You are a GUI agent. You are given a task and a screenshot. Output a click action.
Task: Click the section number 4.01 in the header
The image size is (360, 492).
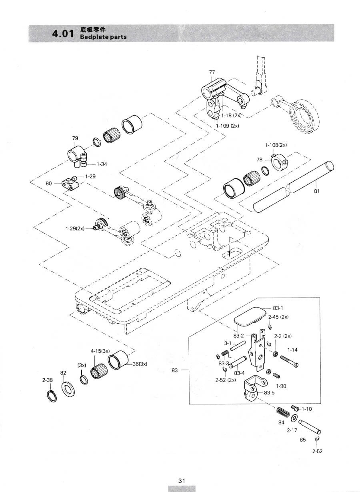(x=63, y=34)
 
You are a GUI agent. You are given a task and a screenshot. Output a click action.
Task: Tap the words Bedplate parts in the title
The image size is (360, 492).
(x=103, y=37)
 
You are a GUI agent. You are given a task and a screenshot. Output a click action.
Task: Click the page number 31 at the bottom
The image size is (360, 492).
(x=182, y=480)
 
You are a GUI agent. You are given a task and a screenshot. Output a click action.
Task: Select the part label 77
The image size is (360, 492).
(x=212, y=72)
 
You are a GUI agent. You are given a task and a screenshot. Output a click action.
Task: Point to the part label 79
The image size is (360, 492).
(x=75, y=138)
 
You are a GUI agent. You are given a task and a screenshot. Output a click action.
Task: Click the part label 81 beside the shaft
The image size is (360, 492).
(x=317, y=191)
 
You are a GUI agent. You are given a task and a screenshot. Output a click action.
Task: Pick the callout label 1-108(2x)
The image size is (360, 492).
(x=276, y=145)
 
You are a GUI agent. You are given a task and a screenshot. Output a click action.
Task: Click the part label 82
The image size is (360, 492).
(x=63, y=373)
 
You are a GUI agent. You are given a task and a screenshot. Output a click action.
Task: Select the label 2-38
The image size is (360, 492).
(x=47, y=380)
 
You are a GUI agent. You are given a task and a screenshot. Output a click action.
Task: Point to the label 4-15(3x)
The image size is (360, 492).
(x=100, y=351)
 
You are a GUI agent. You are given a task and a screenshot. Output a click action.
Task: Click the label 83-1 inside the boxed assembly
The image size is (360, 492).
(x=278, y=308)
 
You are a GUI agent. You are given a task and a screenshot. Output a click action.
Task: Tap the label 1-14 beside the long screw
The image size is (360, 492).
(x=292, y=350)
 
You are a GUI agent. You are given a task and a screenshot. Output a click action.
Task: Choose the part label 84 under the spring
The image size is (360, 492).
(x=281, y=422)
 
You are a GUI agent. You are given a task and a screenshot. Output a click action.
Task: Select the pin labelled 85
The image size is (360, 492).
(x=310, y=426)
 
